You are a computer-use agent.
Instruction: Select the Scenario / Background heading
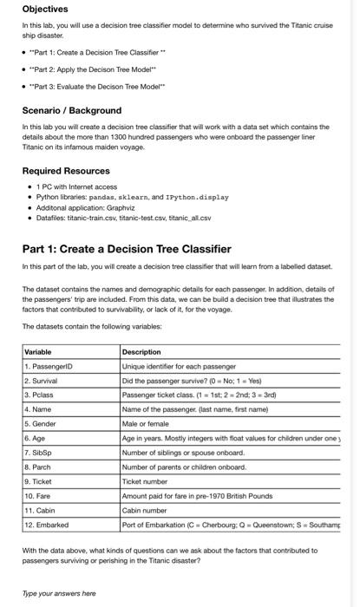click(x=71, y=111)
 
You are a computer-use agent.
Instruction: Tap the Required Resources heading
click(x=66, y=171)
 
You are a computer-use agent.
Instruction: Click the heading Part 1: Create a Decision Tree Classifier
click(x=127, y=250)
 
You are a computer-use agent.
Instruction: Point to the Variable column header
click(x=40, y=352)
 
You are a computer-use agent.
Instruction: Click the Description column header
click(x=142, y=352)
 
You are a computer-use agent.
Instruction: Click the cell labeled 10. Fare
click(x=38, y=496)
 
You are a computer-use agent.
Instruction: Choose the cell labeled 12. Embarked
click(x=47, y=525)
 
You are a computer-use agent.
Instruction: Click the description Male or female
click(x=148, y=424)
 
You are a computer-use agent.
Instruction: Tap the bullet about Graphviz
click(x=83, y=209)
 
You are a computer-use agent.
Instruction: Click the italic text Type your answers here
click(x=59, y=593)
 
